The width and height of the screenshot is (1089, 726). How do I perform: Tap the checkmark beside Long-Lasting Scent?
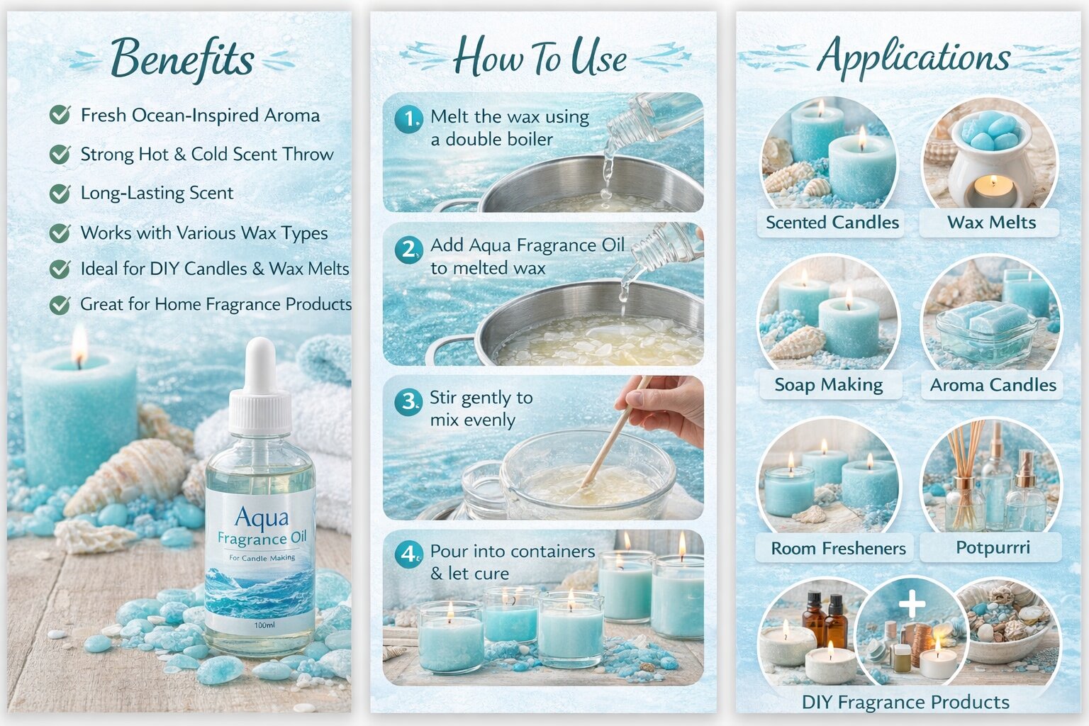(x=60, y=193)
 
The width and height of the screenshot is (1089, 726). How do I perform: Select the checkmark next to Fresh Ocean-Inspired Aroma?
(x=60, y=115)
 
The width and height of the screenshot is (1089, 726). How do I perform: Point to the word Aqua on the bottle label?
(x=262, y=518)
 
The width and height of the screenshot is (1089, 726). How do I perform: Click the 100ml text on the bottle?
(x=264, y=625)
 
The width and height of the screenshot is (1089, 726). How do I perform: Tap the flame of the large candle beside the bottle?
(x=79, y=343)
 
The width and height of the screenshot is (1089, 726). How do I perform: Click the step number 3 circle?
(x=408, y=402)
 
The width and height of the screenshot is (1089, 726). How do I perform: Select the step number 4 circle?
(x=408, y=554)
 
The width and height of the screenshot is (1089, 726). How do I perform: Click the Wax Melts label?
(x=991, y=223)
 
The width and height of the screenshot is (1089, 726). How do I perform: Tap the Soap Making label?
(x=828, y=385)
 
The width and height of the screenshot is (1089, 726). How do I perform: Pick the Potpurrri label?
(x=993, y=547)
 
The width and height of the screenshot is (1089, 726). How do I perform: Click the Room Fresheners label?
(x=838, y=549)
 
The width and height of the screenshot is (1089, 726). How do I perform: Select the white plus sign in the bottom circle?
(x=912, y=603)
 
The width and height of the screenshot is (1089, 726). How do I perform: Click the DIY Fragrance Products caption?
(x=905, y=702)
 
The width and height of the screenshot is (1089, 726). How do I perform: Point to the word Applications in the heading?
(x=914, y=57)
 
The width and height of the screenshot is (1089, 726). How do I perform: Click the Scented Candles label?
(x=832, y=223)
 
